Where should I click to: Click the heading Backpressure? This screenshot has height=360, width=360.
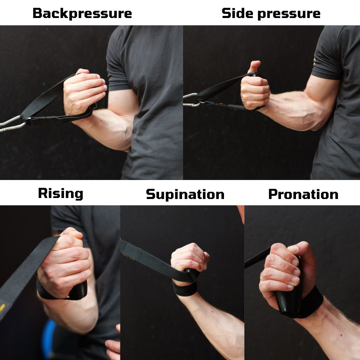pos(82,14)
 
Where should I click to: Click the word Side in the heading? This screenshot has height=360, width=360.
pos(238,13)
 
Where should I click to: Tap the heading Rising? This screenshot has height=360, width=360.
pos(60,194)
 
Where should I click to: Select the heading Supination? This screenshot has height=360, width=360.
pos(185,194)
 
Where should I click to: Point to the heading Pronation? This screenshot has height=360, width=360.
pos(303,194)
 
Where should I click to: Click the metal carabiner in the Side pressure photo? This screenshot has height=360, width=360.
pos(191,100)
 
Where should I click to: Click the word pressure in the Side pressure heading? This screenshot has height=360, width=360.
pos(289,14)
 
